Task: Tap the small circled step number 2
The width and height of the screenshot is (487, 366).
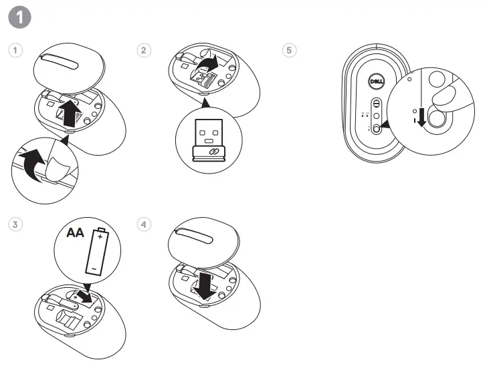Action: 143,50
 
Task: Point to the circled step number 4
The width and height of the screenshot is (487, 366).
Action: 143,224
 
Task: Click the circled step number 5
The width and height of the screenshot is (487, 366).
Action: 289,50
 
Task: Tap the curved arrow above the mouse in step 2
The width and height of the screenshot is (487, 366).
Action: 209,65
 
